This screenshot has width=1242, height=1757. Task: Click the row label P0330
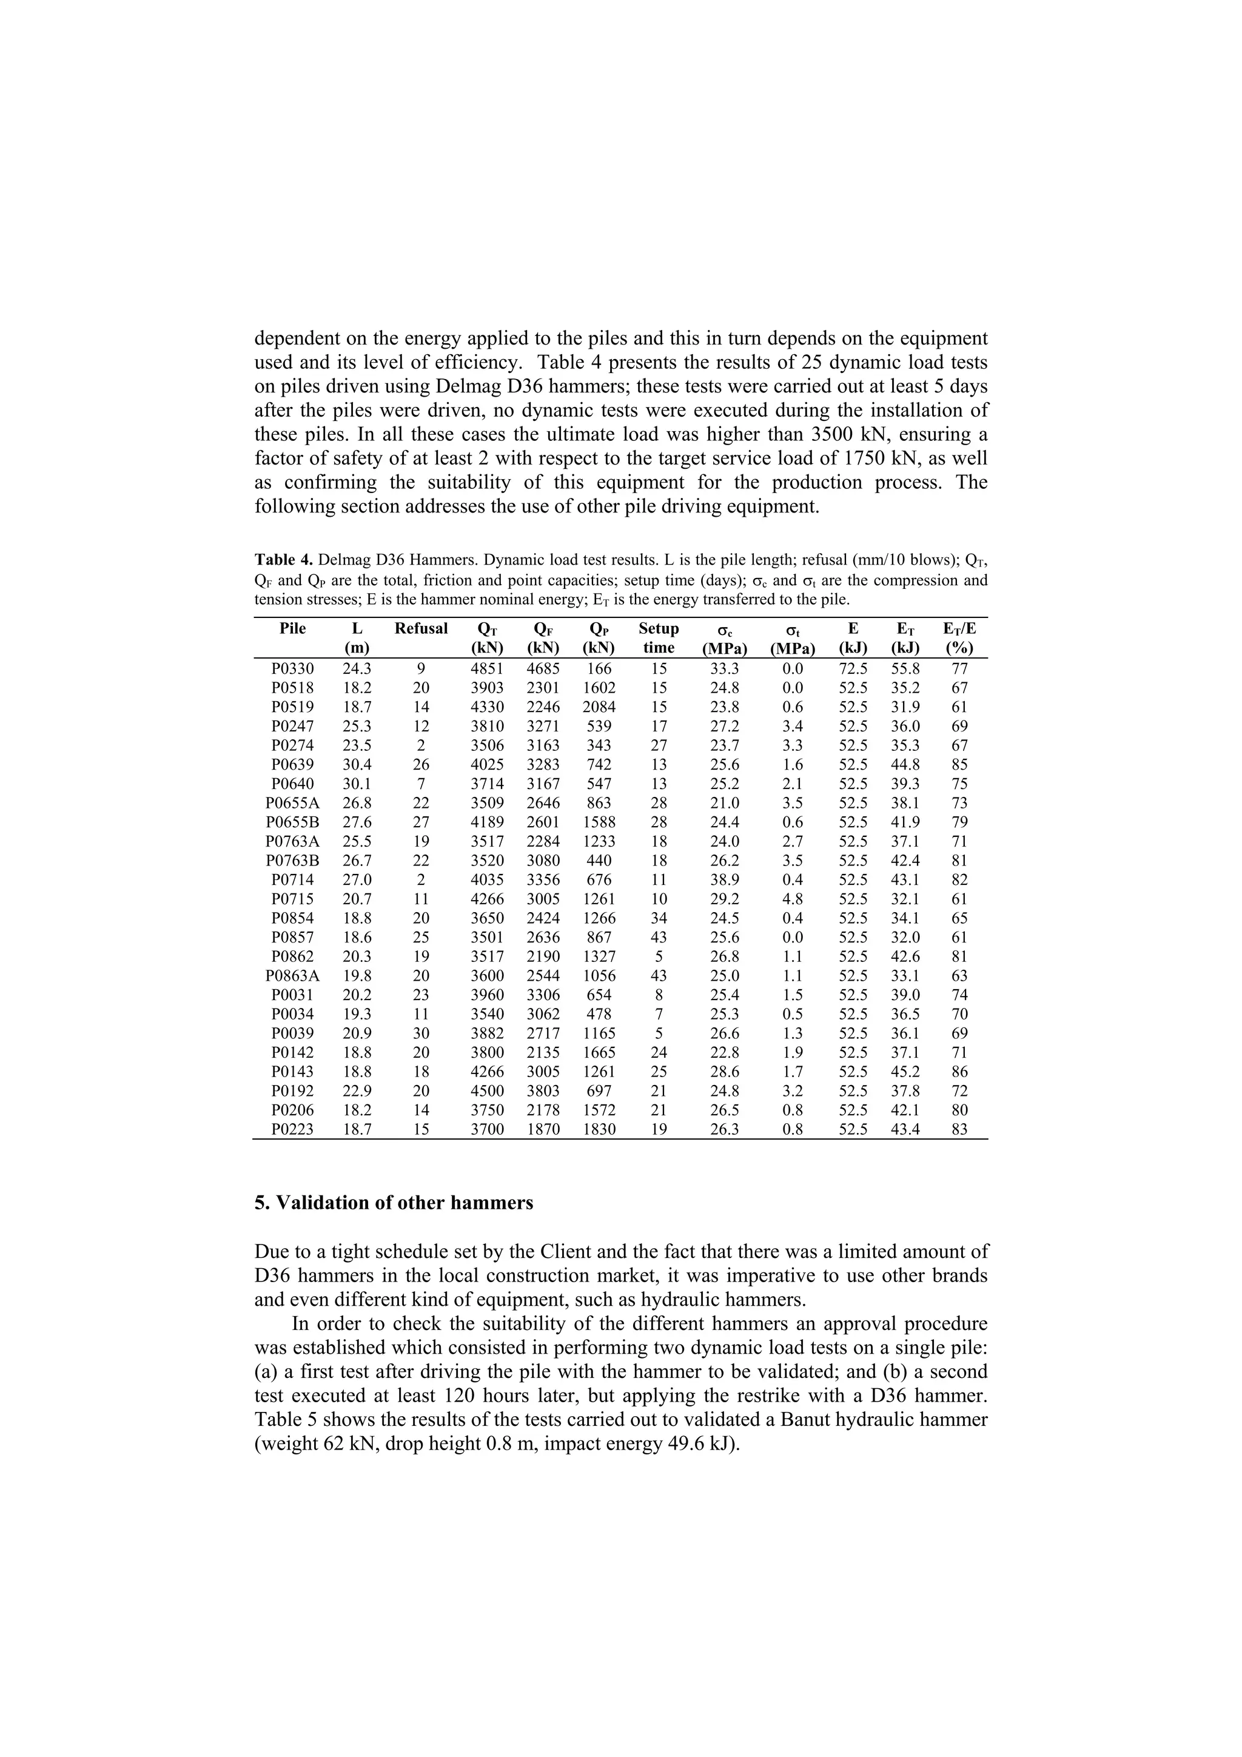click(x=292, y=668)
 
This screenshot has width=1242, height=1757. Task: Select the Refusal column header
click(x=421, y=628)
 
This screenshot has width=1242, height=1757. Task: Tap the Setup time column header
click(x=658, y=637)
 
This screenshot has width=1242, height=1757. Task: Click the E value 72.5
click(x=853, y=668)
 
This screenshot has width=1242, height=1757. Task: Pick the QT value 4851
click(x=487, y=668)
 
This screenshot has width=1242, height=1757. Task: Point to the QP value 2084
click(x=599, y=707)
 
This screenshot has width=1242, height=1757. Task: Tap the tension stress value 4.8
click(x=792, y=898)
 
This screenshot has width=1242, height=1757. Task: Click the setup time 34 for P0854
click(x=658, y=918)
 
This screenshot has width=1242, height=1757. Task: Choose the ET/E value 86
click(x=959, y=1071)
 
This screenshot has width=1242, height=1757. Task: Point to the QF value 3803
click(x=543, y=1090)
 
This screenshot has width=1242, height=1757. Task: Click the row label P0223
click(x=292, y=1129)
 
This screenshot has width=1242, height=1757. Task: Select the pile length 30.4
click(x=357, y=764)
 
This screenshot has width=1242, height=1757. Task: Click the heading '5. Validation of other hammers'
click(x=394, y=1202)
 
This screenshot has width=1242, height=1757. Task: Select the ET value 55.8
click(x=905, y=668)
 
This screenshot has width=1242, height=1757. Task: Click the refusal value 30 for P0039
click(x=421, y=1033)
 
